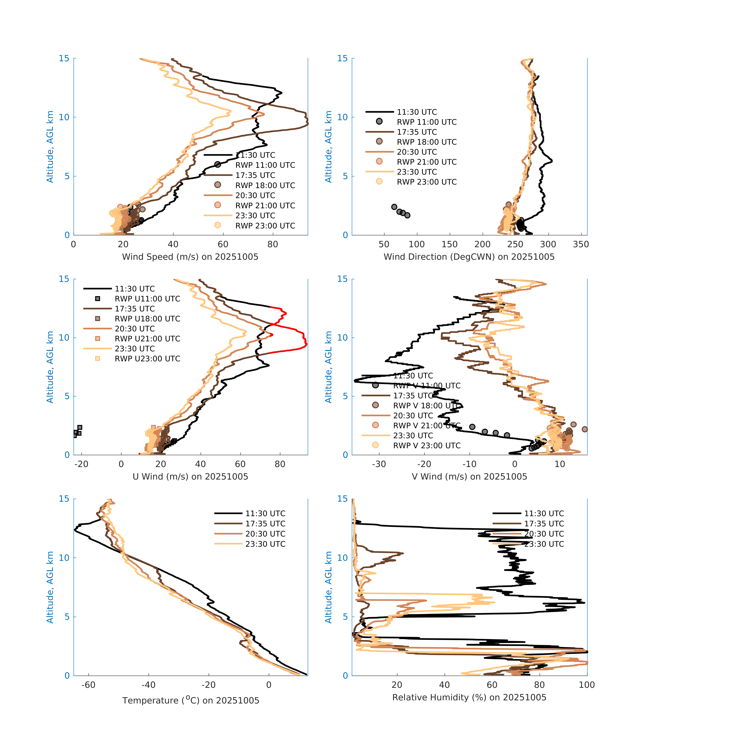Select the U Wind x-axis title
click(x=190, y=477)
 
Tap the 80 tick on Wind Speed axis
click(x=273, y=244)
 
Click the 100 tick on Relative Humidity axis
click(x=587, y=685)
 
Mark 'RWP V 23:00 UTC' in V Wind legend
click(x=426, y=446)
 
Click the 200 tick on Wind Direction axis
click(x=482, y=244)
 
